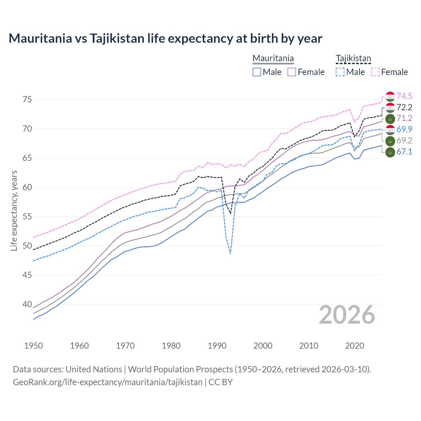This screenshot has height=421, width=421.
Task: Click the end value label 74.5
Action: (x=404, y=96)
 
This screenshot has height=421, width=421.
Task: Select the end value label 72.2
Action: (x=404, y=107)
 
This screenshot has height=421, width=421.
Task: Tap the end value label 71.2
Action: (x=404, y=118)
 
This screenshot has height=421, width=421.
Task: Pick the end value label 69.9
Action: (x=404, y=129)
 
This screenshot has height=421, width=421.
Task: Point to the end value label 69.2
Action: (x=404, y=140)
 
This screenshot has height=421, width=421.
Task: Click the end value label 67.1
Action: (x=404, y=152)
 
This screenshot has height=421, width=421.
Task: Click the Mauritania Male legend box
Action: (x=257, y=72)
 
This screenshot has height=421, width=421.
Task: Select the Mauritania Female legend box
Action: (x=292, y=72)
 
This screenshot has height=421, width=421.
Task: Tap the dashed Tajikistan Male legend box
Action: (x=340, y=72)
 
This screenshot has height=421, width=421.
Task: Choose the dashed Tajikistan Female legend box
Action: (x=375, y=72)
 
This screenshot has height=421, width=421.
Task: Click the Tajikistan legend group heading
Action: (x=353, y=59)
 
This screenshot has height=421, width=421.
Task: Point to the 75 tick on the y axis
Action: (x=27, y=99)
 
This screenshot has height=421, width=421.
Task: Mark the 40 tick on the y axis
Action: (x=27, y=304)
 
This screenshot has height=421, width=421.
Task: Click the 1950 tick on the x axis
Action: (x=34, y=346)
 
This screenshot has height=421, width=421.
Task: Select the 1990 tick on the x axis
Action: (x=217, y=346)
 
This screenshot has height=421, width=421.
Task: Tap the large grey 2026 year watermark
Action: (x=347, y=315)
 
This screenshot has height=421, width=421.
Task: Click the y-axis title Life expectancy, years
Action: (x=14, y=210)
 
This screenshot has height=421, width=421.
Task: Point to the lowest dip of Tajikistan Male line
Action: (x=231, y=253)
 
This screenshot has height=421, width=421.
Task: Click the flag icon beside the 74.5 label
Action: (x=390, y=96)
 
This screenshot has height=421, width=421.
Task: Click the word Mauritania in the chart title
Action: (x=40, y=38)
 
